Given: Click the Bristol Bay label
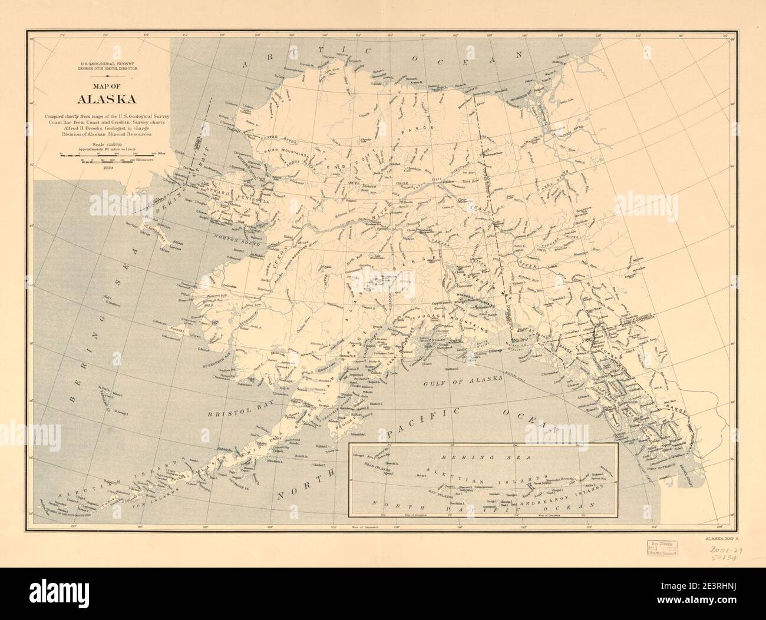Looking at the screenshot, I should [232, 412].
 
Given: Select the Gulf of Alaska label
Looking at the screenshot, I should [461, 382].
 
